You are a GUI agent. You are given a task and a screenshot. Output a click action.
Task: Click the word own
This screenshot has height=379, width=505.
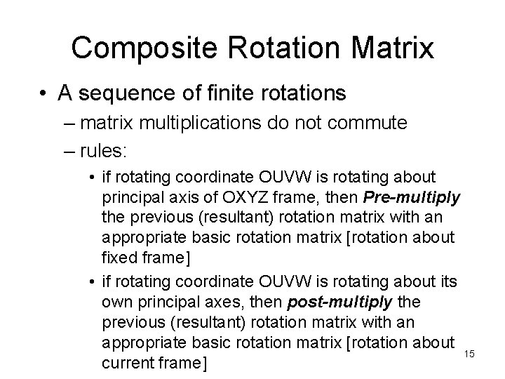pos(116,300)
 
